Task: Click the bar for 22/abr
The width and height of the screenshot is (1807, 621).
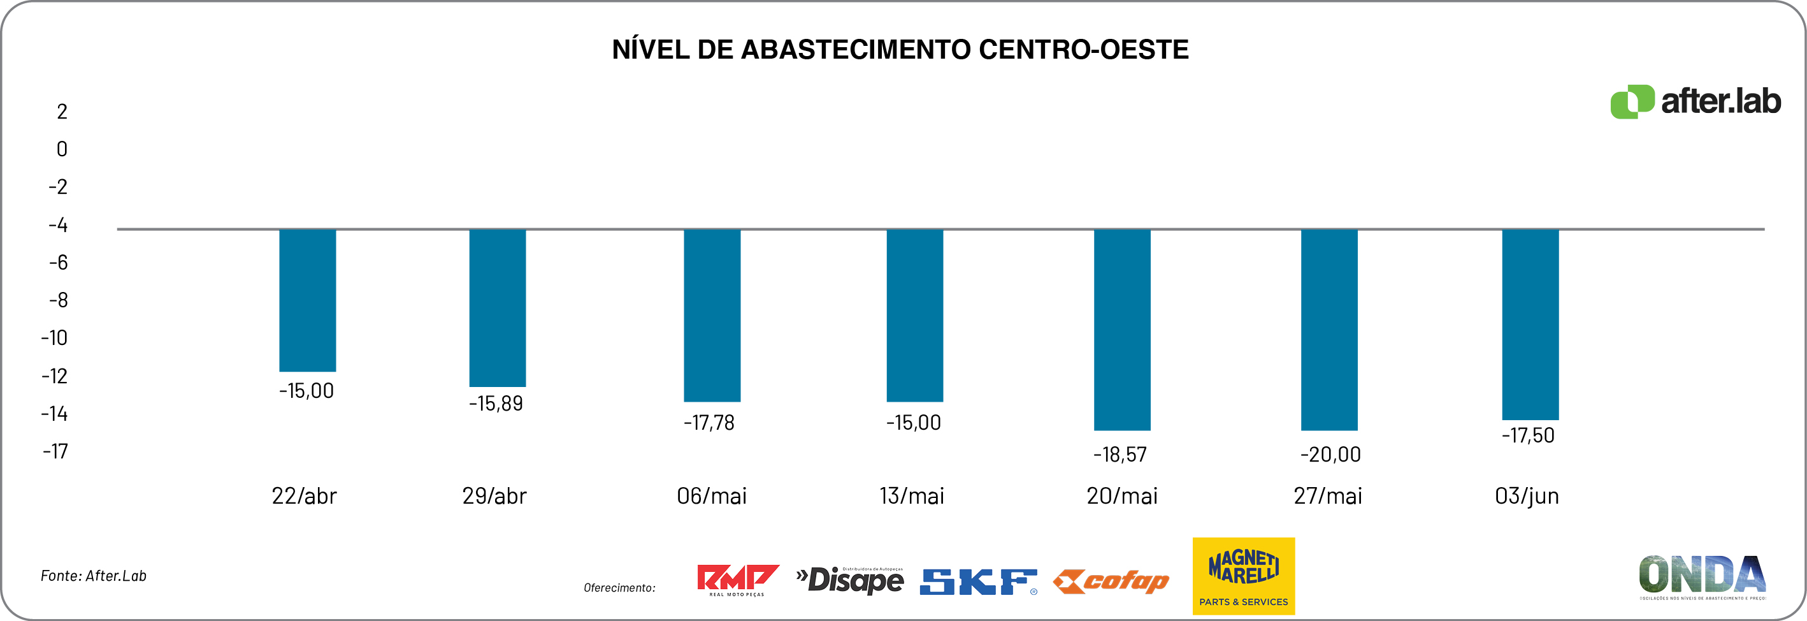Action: [x=307, y=300]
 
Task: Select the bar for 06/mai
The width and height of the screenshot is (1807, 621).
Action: [x=712, y=315]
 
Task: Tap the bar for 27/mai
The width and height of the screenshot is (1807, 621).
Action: [x=1328, y=330]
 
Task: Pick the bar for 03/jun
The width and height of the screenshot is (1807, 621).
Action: [x=1530, y=324]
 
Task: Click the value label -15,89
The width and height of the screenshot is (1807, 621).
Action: [x=496, y=404]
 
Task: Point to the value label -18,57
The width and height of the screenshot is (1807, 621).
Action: [x=1119, y=455]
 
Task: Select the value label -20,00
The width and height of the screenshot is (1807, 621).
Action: [x=1330, y=455]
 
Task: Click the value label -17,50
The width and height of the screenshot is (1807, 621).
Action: [x=1528, y=435]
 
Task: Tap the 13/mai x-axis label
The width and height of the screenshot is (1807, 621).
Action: [x=911, y=496]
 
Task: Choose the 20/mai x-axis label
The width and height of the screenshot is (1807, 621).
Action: [x=1121, y=496]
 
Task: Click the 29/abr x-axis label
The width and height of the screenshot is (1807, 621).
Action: [x=494, y=496]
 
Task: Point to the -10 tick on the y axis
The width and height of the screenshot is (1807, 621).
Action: [x=54, y=338]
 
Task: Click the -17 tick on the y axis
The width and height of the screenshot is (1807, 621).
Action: [x=55, y=451]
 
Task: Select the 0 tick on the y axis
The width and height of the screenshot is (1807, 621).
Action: [x=62, y=149]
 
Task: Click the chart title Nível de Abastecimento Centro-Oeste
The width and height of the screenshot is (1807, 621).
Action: [x=900, y=50]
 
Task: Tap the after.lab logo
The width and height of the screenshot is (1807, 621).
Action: [x=1695, y=102]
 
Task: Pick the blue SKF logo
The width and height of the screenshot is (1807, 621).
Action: [x=978, y=581]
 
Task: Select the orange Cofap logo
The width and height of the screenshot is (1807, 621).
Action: [x=1111, y=581]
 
